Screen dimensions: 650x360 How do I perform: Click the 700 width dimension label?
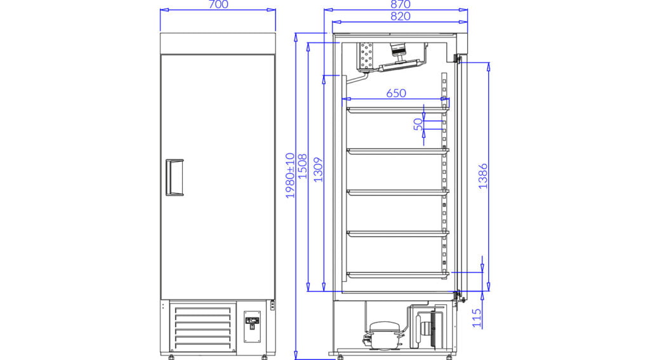tap(218, 4)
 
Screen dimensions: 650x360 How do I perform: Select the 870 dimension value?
tap(401, 4)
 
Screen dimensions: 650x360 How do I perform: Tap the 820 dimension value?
tap(401, 16)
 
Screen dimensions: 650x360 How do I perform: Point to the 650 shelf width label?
tap(396, 93)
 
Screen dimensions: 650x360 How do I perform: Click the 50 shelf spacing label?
tap(418, 124)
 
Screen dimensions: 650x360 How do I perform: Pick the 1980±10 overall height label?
tap(290, 175)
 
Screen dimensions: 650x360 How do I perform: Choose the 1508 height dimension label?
tap(303, 166)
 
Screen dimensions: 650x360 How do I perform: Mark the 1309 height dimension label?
tap(318, 170)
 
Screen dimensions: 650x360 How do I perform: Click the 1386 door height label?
tap(483, 177)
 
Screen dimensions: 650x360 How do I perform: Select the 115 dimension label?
tap(477, 317)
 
